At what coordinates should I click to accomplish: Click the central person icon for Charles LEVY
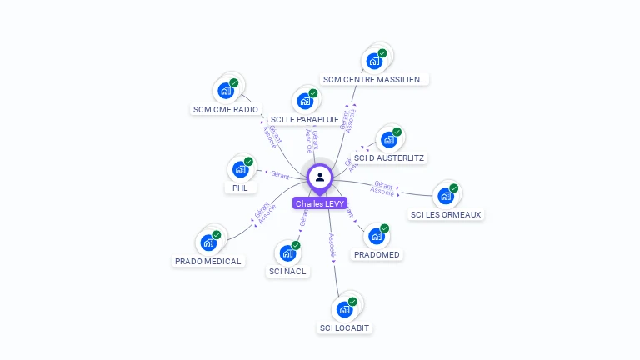(x=320, y=177)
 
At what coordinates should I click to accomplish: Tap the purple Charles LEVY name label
(x=320, y=203)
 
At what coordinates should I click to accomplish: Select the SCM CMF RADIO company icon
(x=225, y=90)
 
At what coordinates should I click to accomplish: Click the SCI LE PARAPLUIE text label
(x=305, y=119)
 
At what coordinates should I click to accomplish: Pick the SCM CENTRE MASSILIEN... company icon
(x=373, y=61)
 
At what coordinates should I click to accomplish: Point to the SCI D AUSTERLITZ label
(x=390, y=157)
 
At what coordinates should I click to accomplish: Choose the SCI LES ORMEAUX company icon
(x=446, y=196)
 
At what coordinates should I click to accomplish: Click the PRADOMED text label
(x=377, y=254)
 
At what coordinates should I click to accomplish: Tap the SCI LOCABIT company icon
(x=344, y=309)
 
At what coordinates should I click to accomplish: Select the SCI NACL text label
(x=288, y=271)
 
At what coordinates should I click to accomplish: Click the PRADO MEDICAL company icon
(x=207, y=242)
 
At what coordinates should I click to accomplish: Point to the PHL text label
(x=240, y=187)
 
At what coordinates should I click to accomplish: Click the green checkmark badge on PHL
(x=248, y=161)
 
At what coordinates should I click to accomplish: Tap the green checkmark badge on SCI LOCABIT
(x=352, y=301)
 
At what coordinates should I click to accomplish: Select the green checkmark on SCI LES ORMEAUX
(x=454, y=187)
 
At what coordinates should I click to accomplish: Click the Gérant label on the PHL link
(x=279, y=173)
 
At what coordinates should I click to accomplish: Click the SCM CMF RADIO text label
(x=225, y=109)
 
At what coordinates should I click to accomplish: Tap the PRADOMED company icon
(x=376, y=236)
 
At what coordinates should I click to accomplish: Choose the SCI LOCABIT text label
(x=344, y=327)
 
